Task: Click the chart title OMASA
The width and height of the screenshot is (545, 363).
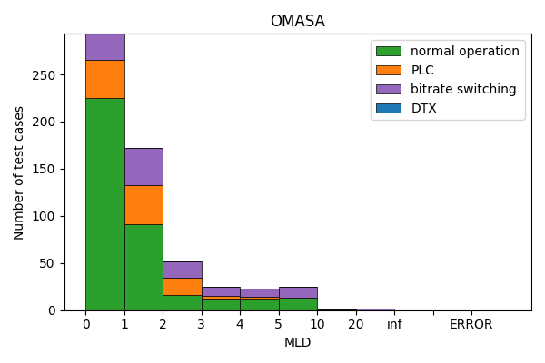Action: coord(297,21)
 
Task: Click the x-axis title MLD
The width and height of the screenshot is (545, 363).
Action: coord(297,342)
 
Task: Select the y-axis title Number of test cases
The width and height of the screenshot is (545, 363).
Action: coord(19,172)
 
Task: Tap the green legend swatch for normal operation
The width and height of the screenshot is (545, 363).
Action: coord(388,51)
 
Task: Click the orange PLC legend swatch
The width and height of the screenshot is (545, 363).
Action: coord(388,70)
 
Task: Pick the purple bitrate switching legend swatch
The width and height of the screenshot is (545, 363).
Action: coord(388,89)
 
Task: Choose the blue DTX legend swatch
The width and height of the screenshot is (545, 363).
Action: coord(388,108)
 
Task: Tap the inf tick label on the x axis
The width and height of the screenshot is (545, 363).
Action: coord(394,324)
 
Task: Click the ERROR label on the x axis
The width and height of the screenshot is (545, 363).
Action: coord(471,324)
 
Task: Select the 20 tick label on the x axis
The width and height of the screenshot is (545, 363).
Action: coord(355,324)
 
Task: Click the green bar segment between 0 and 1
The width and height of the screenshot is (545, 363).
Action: coord(104,204)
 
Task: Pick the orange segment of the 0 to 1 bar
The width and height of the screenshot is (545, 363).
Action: coord(104,79)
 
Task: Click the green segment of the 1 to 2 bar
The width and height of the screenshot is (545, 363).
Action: coord(144,267)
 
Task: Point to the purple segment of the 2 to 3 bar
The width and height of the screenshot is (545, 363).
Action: coord(182,270)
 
